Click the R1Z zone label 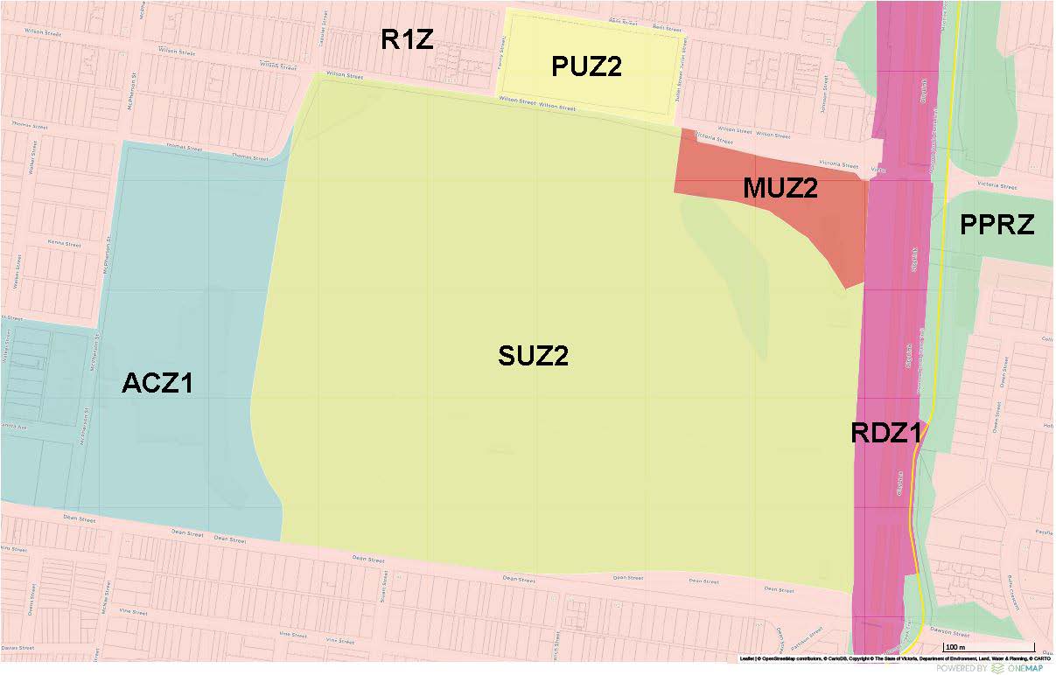[x=407, y=40]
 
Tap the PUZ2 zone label [x=586, y=66]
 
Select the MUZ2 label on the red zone [x=780, y=188]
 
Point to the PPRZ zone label [x=997, y=226]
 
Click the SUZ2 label [x=534, y=356]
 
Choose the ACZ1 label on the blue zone [x=157, y=383]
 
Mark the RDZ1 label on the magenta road [x=888, y=433]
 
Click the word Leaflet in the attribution [x=746, y=658]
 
